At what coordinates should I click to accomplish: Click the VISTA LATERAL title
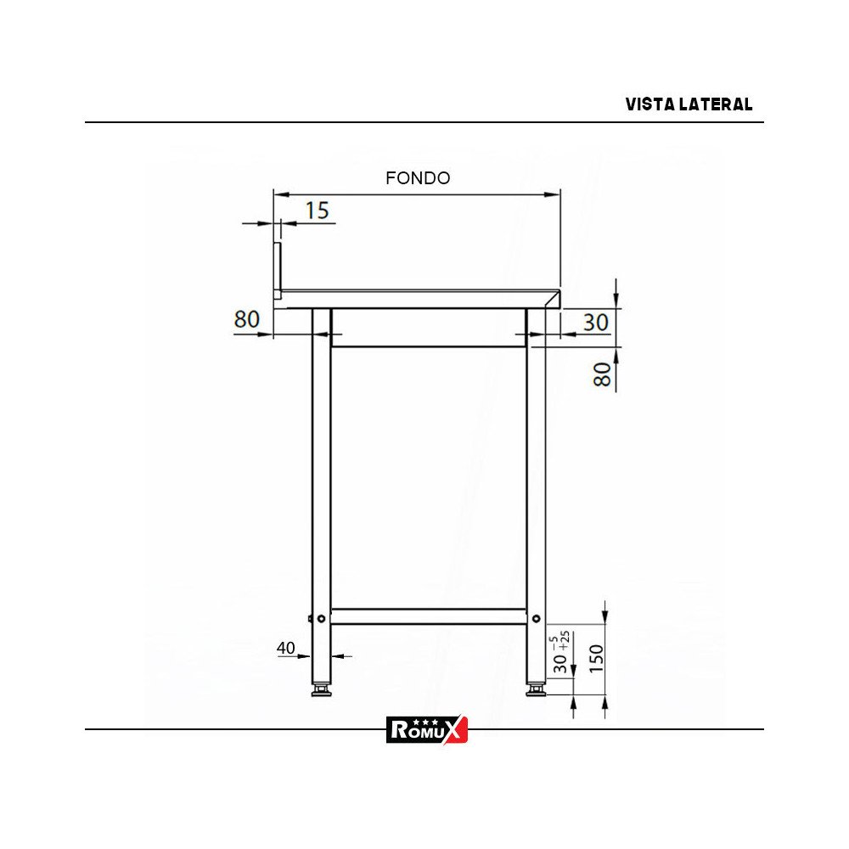click(689, 104)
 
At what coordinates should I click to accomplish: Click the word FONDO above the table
click(418, 178)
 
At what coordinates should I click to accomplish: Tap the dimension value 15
click(317, 211)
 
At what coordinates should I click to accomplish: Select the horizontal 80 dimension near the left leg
click(246, 319)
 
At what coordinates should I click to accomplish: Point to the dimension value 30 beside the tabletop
click(595, 322)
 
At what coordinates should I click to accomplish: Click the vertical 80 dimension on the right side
click(602, 374)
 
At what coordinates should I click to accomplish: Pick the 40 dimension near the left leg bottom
click(285, 649)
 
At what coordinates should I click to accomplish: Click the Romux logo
click(427, 728)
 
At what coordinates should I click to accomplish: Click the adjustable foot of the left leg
click(321, 691)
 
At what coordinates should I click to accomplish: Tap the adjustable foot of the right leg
click(535, 691)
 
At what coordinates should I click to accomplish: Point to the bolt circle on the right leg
click(537, 619)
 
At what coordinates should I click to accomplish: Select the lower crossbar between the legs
click(428, 616)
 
